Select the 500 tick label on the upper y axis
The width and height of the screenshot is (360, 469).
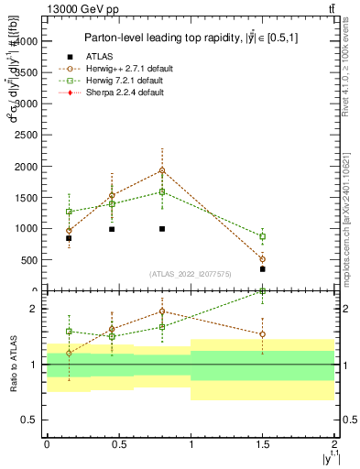point(30,259)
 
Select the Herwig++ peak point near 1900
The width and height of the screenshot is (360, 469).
point(162,170)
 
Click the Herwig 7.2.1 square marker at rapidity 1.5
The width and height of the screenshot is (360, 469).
point(263,236)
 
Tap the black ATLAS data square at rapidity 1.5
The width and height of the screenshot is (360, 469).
point(263,269)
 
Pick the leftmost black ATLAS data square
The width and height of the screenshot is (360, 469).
point(69,238)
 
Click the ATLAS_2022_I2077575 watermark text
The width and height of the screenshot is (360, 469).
point(191,274)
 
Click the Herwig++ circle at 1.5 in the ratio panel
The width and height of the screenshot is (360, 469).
point(263,334)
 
